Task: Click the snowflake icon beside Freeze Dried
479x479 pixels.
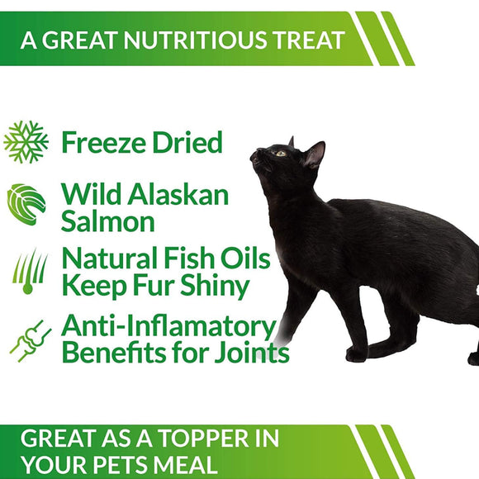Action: point(26,142)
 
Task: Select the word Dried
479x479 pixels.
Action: point(187,142)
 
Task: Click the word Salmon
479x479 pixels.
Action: point(107,221)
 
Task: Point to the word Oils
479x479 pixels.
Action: point(245,258)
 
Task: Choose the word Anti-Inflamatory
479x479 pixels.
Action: point(167,326)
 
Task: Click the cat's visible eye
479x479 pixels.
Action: point(281,153)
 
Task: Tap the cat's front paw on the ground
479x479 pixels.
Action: point(357,355)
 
